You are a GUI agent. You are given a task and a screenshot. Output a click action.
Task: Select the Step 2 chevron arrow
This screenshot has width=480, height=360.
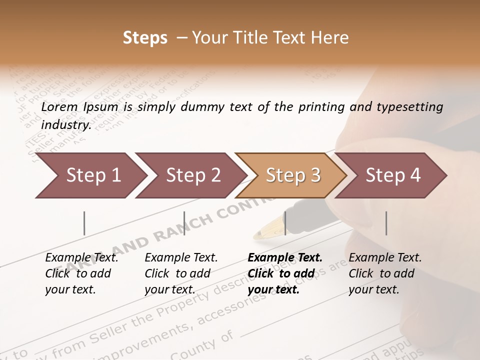[190, 175]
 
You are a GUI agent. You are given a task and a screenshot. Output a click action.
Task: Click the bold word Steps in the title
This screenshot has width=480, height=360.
[145, 38]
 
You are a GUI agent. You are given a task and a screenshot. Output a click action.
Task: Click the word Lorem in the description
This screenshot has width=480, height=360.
[59, 107]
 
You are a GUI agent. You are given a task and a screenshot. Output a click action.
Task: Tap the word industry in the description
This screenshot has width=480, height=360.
[65, 124]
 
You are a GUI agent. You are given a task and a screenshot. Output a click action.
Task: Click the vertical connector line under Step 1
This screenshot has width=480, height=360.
[84, 223]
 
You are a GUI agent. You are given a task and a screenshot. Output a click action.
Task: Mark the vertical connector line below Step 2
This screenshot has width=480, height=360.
[184, 223]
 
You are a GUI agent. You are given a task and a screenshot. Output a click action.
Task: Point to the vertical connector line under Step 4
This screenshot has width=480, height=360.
[386, 223]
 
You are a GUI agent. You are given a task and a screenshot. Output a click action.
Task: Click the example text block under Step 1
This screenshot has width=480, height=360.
[81, 273]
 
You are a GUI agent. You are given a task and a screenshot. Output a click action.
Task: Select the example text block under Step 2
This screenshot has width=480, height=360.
[181, 273]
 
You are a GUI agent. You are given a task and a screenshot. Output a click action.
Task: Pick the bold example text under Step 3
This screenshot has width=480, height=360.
[285, 273]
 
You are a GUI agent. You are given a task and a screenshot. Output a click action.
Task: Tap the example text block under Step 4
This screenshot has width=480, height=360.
[385, 273]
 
